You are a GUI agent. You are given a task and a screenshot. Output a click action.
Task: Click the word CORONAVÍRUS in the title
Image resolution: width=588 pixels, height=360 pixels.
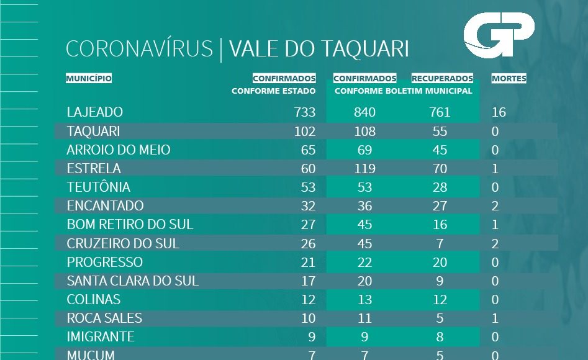tap(139, 49)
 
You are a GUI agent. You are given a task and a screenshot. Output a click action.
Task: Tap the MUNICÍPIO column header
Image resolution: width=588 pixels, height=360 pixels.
tap(89, 79)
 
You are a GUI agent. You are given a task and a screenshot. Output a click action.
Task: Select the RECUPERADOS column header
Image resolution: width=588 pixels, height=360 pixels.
tap(442, 79)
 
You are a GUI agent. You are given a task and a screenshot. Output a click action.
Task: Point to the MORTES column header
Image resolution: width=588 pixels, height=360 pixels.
tap(509, 79)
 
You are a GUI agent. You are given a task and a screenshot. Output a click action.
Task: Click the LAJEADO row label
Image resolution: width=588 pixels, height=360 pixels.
tap(94, 112)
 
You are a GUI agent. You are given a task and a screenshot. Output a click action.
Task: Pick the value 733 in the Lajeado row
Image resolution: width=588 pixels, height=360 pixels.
tap(304, 112)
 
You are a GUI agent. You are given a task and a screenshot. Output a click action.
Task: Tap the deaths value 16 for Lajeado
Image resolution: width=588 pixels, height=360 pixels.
tap(499, 112)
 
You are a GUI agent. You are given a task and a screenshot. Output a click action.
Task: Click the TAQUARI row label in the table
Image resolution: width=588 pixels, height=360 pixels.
tap(93, 132)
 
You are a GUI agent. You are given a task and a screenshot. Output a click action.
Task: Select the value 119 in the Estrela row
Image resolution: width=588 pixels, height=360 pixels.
tap(364, 169)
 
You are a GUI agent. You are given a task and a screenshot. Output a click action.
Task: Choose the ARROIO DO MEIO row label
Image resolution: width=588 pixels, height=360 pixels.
tap(118, 150)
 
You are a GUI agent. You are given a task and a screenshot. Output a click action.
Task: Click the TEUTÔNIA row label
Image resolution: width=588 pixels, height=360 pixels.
tap(98, 187)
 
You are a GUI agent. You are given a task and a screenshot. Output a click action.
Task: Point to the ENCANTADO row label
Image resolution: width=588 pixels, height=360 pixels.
tap(105, 206)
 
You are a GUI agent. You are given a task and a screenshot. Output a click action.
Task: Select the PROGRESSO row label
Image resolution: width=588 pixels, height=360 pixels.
tap(104, 262)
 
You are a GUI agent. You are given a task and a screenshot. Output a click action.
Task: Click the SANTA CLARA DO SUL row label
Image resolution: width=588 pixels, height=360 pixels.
tap(132, 281)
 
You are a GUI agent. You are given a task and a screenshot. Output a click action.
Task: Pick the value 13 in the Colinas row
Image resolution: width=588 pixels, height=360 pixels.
tap(364, 300)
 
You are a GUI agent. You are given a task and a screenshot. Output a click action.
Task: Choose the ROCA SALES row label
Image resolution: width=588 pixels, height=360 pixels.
tap(104, 318)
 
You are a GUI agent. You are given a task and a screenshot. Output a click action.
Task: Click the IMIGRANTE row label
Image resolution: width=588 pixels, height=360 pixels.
tap(100, 337)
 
